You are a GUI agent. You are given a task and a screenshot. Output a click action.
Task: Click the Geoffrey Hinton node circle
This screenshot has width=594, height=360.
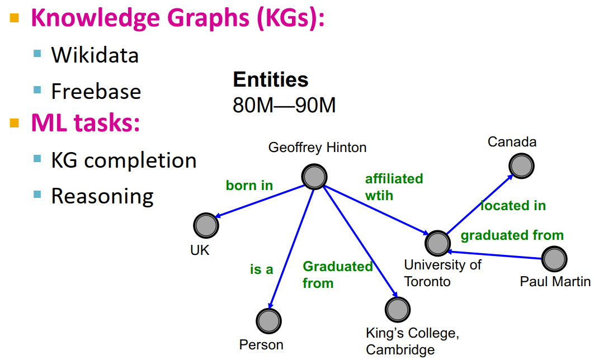(314, 177)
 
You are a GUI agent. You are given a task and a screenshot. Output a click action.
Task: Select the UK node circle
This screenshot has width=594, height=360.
(206, 225)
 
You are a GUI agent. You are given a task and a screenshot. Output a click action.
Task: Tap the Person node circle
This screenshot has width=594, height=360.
(268, 321)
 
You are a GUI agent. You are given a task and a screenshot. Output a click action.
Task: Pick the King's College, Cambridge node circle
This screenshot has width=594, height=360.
(398, 309)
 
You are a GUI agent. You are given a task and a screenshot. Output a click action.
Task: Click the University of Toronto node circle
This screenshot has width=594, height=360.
(437, 243)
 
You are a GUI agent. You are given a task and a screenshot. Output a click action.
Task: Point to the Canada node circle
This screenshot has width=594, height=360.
(521, 165)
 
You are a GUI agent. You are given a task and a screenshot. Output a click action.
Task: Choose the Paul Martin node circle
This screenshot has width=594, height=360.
(554, 258)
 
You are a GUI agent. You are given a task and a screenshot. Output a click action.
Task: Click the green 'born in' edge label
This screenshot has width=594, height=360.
(249, 185)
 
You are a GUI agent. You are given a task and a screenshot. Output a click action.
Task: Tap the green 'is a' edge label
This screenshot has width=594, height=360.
(261, 269)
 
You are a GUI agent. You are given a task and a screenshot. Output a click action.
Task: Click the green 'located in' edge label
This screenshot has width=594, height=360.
(513, 206)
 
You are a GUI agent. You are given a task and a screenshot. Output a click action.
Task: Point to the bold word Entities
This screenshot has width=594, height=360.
(270, 80)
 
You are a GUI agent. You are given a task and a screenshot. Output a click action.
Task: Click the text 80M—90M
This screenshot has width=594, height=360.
(284, 105)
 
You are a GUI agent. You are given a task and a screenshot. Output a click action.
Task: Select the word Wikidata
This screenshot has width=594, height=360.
(95, 55)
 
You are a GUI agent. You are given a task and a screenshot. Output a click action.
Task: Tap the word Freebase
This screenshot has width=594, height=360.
(96, 91)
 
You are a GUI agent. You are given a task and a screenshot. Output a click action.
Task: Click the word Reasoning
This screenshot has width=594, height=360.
(102, 196)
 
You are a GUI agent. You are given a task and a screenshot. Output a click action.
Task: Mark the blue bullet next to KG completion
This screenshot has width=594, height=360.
(37, 159)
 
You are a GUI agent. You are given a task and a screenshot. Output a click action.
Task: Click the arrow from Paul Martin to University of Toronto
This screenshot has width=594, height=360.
(498, 255)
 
